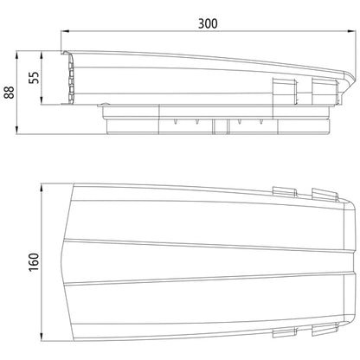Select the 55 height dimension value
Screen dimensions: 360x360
pos(34,77)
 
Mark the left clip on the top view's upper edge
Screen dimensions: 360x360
pos(285,190)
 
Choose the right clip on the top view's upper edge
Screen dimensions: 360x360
pos(324,191)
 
